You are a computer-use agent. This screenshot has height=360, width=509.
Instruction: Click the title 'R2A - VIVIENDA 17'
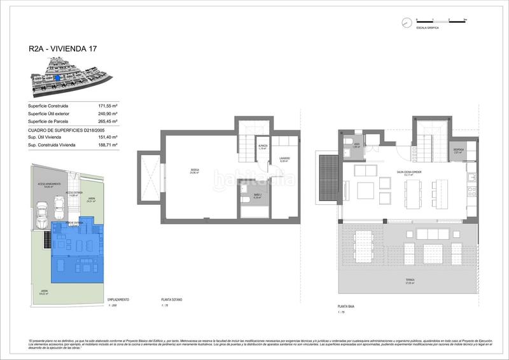point(62,48)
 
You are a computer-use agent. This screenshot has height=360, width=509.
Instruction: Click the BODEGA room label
point(193,170)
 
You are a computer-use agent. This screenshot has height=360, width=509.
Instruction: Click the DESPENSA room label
point(459,151)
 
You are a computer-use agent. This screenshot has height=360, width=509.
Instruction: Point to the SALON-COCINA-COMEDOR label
point(410,172)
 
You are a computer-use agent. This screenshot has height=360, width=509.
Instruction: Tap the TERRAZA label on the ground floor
point(410,280)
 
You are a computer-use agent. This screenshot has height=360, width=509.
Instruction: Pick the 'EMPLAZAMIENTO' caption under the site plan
point(119,299)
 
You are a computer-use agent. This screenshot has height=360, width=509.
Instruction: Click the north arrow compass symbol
point(406,23)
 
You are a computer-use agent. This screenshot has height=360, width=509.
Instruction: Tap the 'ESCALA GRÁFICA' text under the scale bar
point(426,29)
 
